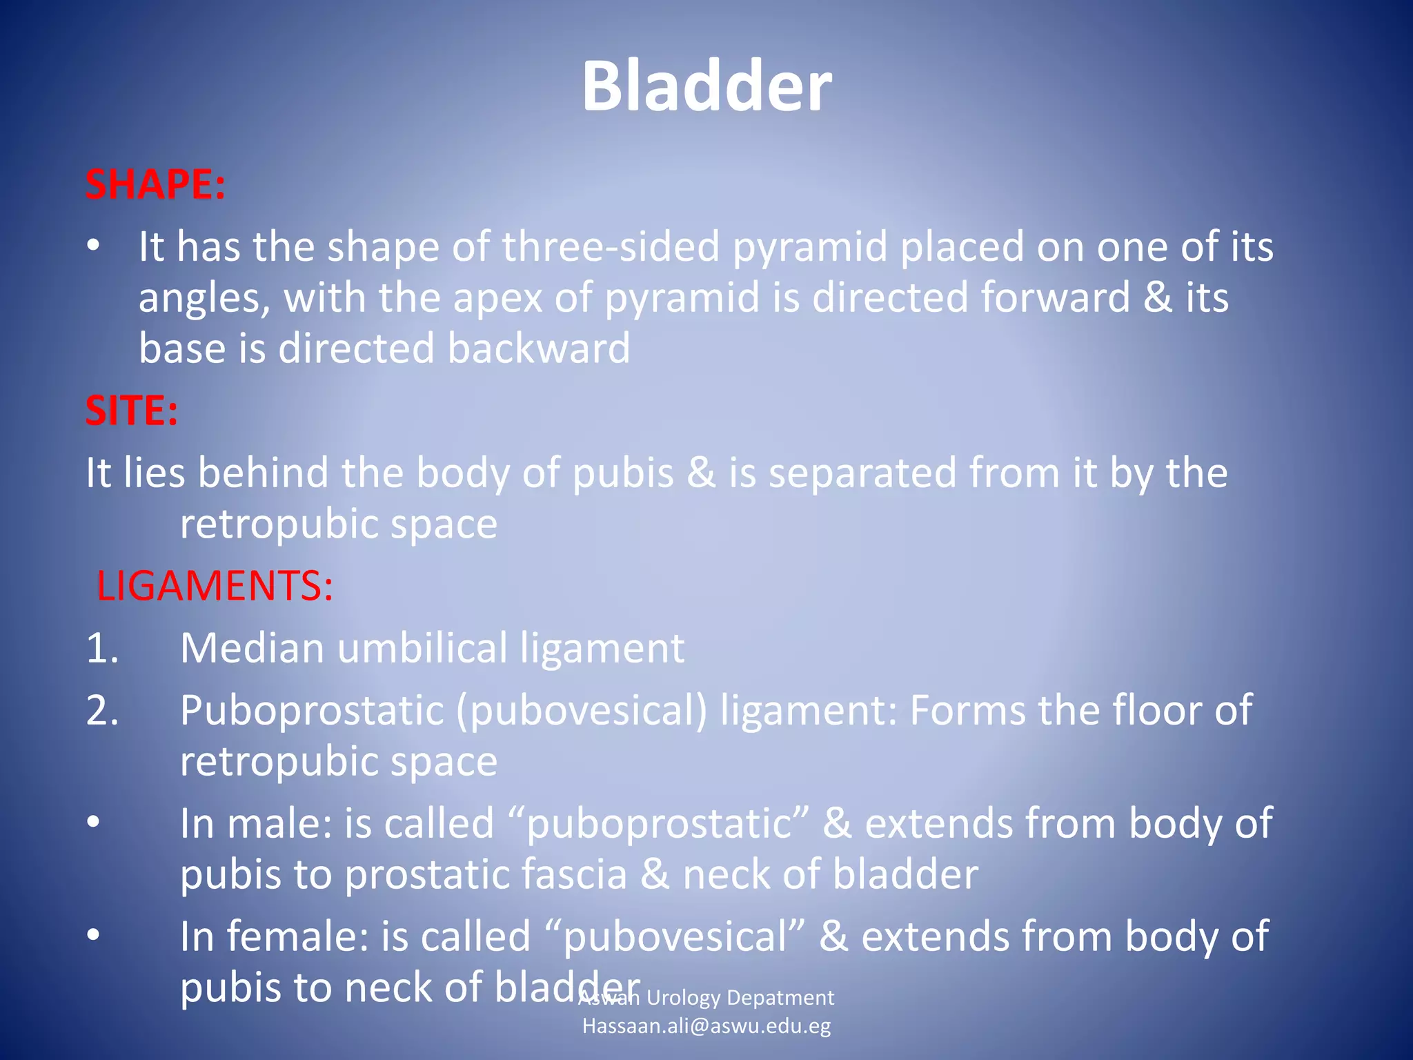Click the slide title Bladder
[x=706, y=86]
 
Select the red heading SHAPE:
[x=155, y=185]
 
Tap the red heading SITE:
[x=132, y=411]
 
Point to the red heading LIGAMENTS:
[x=215, y=586]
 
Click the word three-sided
[x=611, y=246]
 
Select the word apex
[x=497, y=298]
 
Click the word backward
[x=539, y=348]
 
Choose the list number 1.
[x=102, y=649]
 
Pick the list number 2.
[x=102, y=711]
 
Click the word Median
[x=252, y=649]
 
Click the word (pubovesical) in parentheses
[x=581, y=711]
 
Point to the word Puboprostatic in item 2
[x=311, y=711]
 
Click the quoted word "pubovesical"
[x=675, y=937]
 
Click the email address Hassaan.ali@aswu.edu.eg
[x=706, y=1026]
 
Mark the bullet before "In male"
[x=94, y=823]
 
